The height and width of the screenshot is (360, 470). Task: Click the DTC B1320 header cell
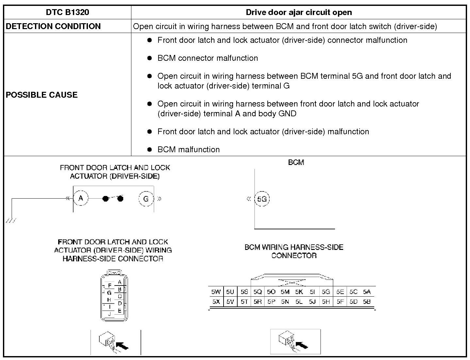67,12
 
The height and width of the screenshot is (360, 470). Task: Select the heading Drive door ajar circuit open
298,12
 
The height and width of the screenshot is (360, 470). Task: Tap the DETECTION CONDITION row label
53,26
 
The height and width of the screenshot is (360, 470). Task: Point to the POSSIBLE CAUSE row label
42,95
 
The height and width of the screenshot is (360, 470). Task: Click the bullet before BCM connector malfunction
150,58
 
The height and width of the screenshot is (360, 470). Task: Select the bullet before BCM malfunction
150,150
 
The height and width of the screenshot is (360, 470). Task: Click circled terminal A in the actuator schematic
81,198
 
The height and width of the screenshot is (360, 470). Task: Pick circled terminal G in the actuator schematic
146,199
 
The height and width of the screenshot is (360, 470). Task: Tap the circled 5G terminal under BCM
262,199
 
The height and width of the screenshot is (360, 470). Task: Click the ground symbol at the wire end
11,221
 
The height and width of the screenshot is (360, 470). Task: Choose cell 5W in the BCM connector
216,292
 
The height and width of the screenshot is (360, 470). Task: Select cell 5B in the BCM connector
367,302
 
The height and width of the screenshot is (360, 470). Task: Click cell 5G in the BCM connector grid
326,292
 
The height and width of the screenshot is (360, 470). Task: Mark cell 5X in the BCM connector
216,302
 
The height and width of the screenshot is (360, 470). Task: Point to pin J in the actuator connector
109,314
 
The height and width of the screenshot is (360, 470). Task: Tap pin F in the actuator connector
110,286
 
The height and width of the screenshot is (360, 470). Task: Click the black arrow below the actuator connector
122,345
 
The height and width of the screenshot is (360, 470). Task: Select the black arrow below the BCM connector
301,345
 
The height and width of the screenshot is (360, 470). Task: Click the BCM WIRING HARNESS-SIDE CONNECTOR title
294,251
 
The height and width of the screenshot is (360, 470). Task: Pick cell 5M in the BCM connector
285,292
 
